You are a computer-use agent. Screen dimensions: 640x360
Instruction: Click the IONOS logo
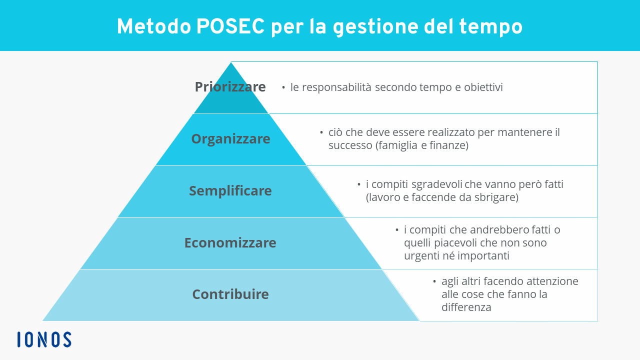(x=44, y=339)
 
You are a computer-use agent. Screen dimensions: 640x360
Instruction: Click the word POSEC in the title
(x=230, y=27)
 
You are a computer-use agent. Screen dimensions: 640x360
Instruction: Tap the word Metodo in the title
(x=154, y=27)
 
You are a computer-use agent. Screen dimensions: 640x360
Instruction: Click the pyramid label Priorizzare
(x=230, y=87)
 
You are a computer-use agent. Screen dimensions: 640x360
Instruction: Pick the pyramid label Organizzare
(x=230, y=139)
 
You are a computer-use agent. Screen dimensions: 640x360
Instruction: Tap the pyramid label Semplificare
(x=230, y=191)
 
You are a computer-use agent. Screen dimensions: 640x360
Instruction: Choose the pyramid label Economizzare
(x=230, y=243)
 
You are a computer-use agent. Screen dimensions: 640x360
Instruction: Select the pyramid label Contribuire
(x=230, y=294)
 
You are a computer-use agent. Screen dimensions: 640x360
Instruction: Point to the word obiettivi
(x=483, y=87)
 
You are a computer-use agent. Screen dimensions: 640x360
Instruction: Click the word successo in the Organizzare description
(x=350, y=145)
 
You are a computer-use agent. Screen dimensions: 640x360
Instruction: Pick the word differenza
(x=466, y=307)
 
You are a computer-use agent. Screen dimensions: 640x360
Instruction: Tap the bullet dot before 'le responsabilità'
(x=283, y=87)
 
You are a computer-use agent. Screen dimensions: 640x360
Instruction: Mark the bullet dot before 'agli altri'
(x=434, y=281)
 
